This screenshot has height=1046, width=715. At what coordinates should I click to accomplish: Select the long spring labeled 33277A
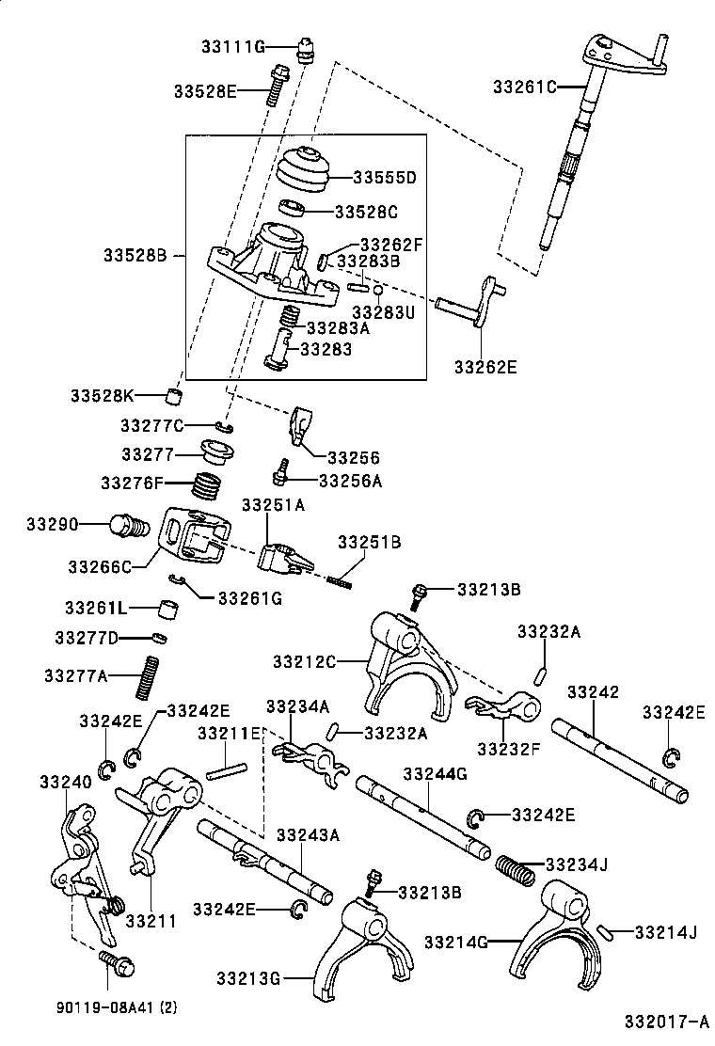145,676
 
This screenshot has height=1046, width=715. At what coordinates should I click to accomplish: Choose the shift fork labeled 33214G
555,931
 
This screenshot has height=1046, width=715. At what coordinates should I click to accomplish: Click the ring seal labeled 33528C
293,208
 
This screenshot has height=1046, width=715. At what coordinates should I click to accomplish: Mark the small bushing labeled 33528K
173,394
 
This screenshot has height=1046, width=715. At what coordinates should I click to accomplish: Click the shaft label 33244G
435,773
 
